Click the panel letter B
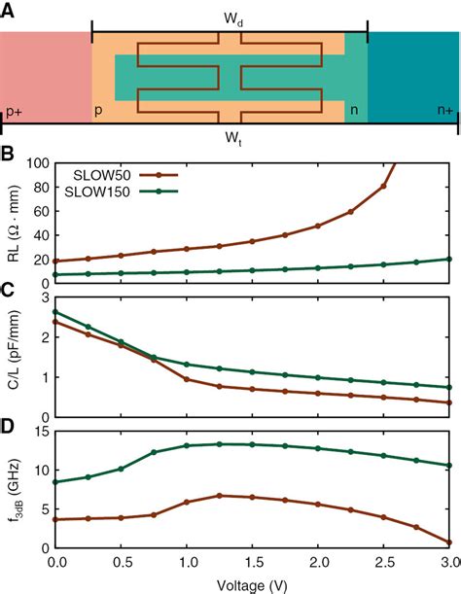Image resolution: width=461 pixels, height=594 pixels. point(7,155)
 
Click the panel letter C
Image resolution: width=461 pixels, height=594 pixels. point(7,289)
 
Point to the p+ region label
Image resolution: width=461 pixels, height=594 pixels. point(15,113)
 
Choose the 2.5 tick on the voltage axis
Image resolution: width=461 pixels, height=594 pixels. point(384,564)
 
